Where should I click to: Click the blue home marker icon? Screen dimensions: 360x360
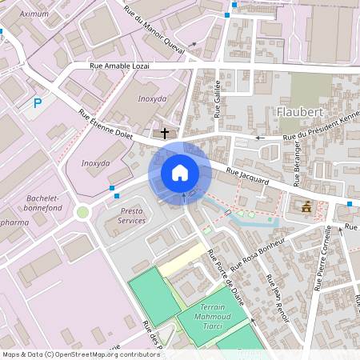tap(180, 172)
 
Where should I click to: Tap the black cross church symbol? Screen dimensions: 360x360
tap(166, 132)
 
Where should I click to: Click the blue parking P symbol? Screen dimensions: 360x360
tap(37, 102)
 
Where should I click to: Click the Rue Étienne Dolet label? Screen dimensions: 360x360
tap(104, 125)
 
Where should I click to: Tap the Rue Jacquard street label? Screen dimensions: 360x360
tap(247, 175)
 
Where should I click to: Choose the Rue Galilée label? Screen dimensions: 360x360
tap(218, 98)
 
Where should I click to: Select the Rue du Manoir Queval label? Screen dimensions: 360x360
tap(154, 31)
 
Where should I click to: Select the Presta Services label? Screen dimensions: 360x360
tap(132, 215)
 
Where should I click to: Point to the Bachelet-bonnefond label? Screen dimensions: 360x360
tap(43, 202)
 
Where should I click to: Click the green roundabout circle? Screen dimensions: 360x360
tap(82, 212)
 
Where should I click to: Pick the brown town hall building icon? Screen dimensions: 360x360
tap(306, 206)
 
